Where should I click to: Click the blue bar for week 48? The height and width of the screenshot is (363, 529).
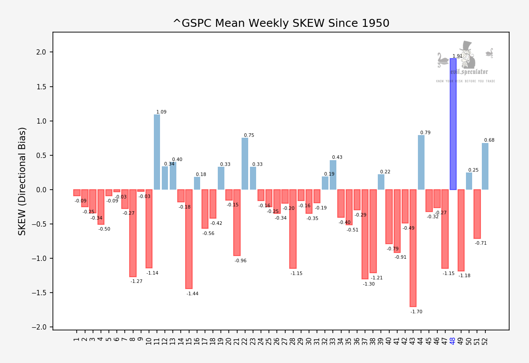453,124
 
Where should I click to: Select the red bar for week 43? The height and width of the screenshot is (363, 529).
413,248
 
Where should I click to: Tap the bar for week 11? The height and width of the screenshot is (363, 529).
157,152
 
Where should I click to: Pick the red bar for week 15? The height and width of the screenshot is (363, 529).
189,239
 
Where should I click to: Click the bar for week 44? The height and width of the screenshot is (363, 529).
421,162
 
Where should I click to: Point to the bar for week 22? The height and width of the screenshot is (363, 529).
245,164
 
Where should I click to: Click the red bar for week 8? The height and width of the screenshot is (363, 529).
133,233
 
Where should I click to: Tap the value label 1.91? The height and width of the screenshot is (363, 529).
458,56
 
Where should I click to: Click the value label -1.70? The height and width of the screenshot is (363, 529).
416,312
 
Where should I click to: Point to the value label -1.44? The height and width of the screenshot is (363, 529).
192,294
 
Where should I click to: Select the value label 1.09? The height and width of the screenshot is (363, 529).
161,112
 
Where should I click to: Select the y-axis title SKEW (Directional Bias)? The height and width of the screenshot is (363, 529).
22,181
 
